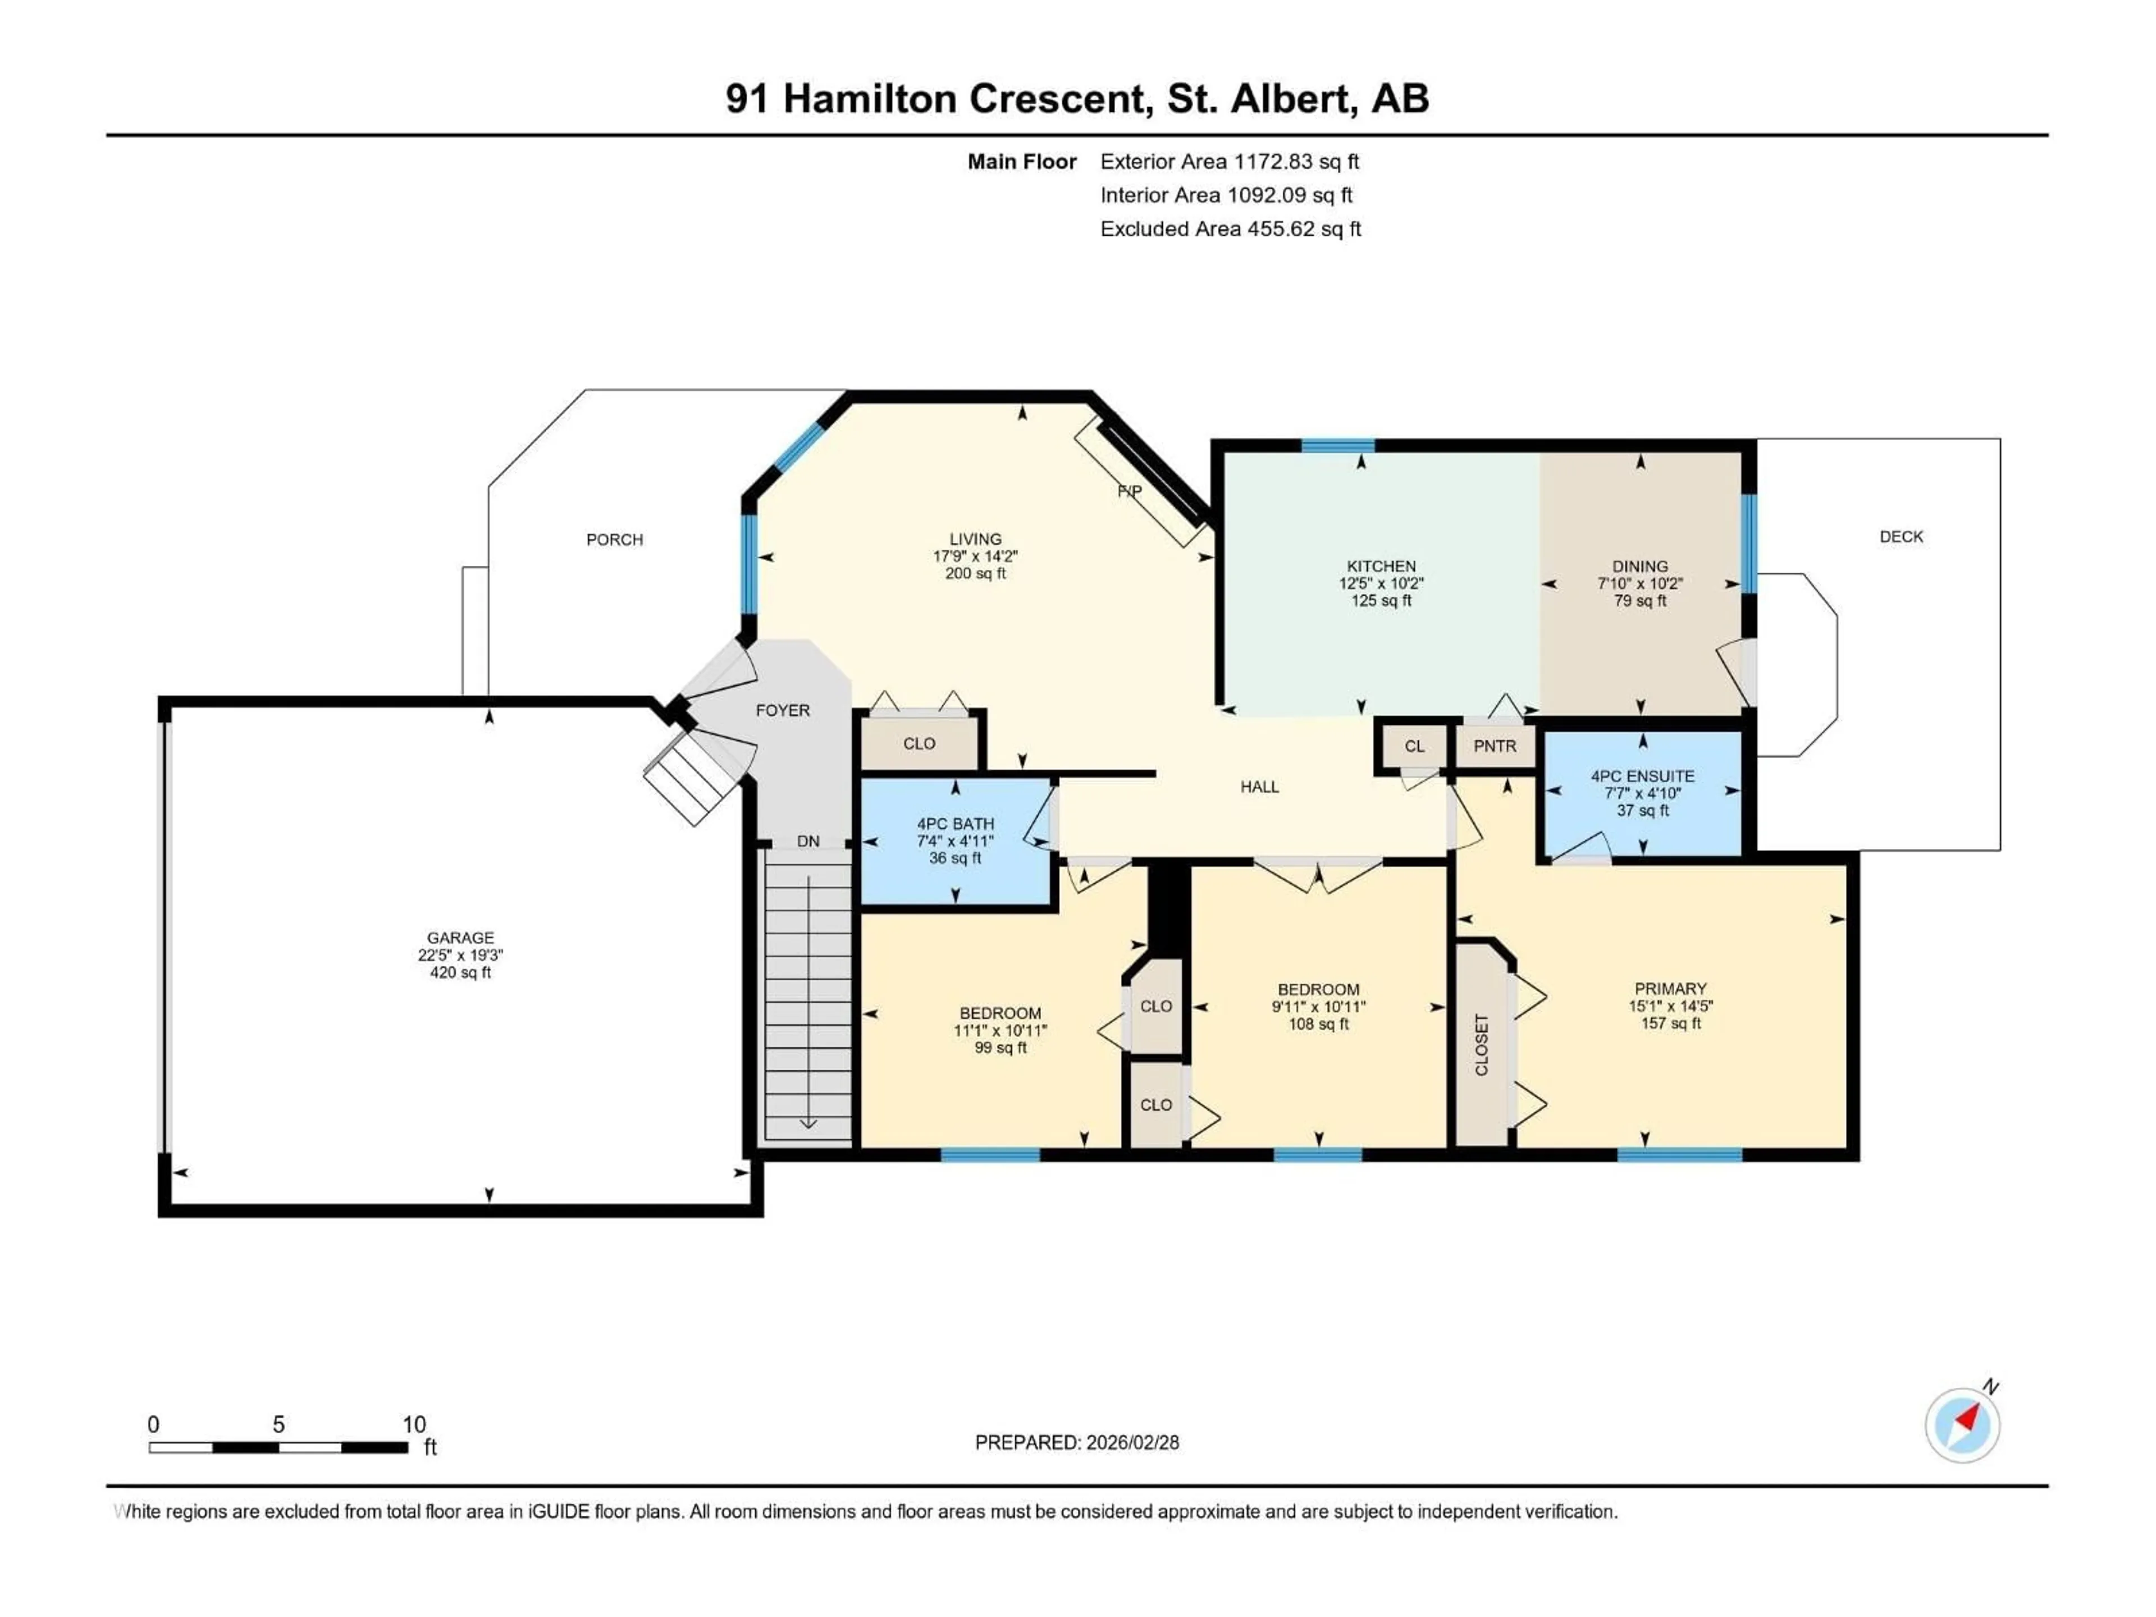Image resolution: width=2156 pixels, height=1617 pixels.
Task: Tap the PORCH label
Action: [x=614, y=539]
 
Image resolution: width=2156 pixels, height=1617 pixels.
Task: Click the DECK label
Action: [x=1901, y=536]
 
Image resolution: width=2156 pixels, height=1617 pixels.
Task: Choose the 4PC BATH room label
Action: [x=954, y=824]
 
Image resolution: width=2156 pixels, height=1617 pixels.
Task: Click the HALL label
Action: [x=1259, y=787]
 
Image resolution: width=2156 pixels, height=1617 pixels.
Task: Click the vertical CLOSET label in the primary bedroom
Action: [x=1482, y=1045]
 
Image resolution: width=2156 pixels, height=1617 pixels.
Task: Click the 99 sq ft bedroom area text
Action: [x=1000, y=1048]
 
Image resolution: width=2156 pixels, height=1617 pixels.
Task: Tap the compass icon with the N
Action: [x=1962, y=1425]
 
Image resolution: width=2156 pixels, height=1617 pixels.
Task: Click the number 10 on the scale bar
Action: [x=414, y=1424]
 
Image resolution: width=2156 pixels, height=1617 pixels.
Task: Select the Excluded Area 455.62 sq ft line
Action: [x=1230, y=229]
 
